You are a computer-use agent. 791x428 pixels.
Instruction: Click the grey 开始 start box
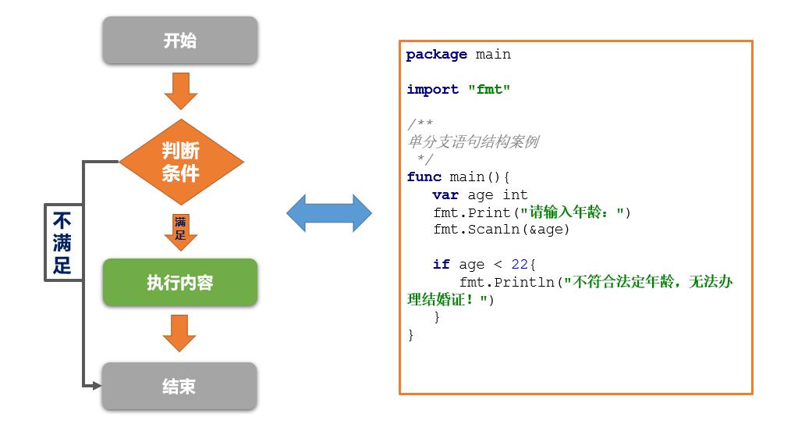[180, 41]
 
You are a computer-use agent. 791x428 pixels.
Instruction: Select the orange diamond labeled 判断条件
[180, 162]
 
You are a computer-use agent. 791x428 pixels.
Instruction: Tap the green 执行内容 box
[180, 282]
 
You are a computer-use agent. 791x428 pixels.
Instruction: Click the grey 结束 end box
[180, 386]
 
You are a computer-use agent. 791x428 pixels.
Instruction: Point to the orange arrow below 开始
[180, 91]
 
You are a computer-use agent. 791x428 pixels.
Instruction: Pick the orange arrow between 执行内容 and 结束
[179, 333]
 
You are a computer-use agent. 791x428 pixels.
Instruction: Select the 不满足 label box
[62, 241]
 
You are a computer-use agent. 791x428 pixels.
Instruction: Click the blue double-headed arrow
[328, 213]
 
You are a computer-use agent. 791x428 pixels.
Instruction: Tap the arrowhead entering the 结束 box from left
[96, 386]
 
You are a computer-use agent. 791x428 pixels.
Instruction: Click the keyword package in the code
[436, 55]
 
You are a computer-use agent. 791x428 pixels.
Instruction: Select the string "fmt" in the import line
[489, 90]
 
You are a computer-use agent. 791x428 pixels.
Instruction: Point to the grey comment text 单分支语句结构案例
[473, 142]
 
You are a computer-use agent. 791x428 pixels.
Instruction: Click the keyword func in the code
[424, 177]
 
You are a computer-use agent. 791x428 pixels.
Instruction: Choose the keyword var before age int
[445, 195]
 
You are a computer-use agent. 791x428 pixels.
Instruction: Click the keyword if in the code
[441, 265]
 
